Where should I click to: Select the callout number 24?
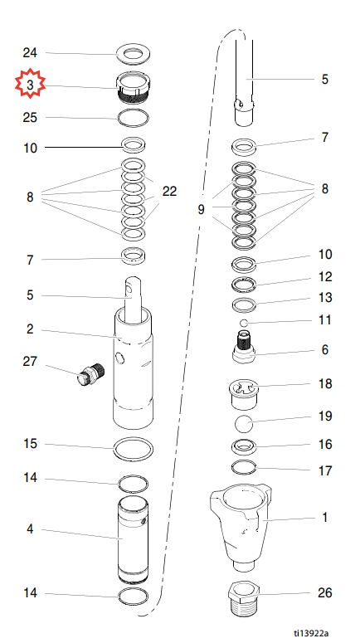click(30, 53)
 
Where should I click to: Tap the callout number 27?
click(30, 362)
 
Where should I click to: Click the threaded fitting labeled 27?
click(91, 373)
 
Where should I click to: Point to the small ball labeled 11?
click(244, 323)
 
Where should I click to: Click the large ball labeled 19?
click(244, 423)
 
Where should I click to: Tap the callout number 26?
click(324, 592)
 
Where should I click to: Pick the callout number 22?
click(169, 191)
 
